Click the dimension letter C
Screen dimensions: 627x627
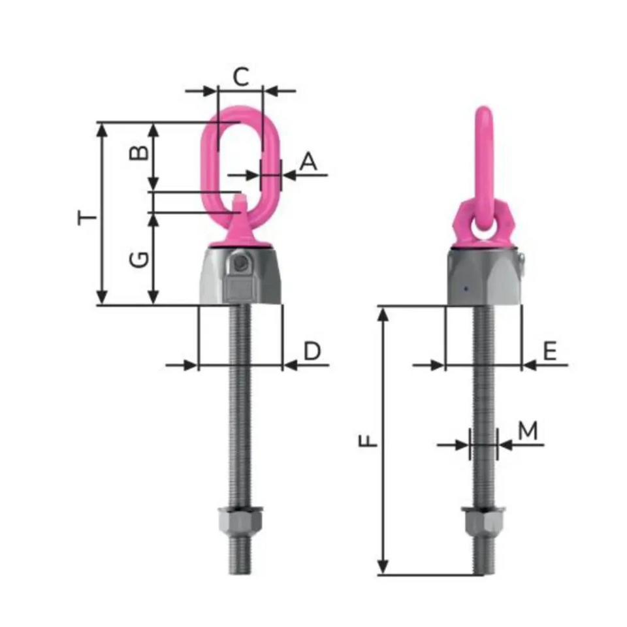pyautogui.click(x=241, y=76)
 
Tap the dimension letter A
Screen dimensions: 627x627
pyautogui.click(x=308, y=161)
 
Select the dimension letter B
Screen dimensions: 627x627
pyautogui.click(x=138, y=154)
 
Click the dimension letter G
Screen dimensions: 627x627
pyautogui.click(x=138, y=260)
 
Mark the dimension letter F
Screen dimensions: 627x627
pyautogui.click(x=370, y=442)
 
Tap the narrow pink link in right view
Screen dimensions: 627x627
pyautogui.click(x=484, y=157)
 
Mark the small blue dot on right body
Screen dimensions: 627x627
pyautogui.click(x=464, y=288)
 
